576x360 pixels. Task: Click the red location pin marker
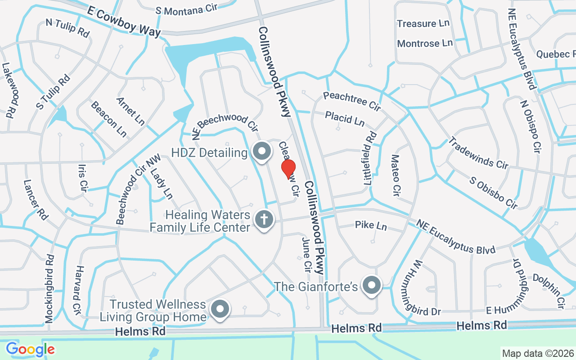pos(288,169)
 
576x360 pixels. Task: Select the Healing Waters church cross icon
pos(264,220)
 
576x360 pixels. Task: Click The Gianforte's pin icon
pos(372,285)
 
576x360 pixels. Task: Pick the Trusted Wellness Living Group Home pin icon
pos(220,310)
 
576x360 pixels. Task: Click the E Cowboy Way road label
pos(124,22)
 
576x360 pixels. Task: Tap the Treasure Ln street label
pos(423,23)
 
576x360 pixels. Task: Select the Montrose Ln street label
pos(425,43)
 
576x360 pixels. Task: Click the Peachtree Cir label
pos(352,101)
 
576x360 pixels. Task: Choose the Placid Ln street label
pos(345,119)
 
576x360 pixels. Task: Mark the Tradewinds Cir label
pos(477,153)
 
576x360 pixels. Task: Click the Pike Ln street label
pos(371,225)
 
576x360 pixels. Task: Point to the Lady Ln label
pos(162,184)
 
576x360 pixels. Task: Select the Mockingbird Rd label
pos(49,288)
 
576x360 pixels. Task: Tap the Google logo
pos(30,349)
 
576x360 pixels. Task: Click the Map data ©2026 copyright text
pos(538,353)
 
